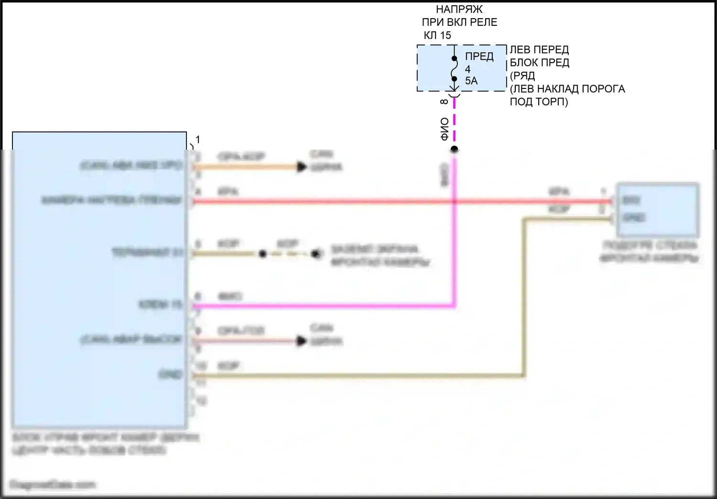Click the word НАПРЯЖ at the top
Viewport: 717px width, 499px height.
(x=459, y=9)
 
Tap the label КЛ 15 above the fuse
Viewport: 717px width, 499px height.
(x=437, y=35)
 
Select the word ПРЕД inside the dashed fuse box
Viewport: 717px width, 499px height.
(x=479, y=56)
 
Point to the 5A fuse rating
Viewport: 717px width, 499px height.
(x=471, y=81)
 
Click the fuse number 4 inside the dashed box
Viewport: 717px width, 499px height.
(x=467, y=69)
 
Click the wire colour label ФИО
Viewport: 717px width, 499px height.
(x=445, y=129)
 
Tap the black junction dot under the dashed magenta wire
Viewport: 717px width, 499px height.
(x=454, y=150)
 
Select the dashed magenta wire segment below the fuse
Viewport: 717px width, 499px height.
(x=454, y=122)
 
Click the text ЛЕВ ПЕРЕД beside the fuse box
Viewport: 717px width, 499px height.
(x=539, y=50)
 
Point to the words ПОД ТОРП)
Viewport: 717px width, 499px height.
(x=539, y=102)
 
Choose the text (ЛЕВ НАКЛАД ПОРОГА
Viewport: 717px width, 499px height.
(x=567, y=89)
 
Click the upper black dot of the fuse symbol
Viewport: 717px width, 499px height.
(x=454, y=58)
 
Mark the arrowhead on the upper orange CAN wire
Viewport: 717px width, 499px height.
(x=301, y=167)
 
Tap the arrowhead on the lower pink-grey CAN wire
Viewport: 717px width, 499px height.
(x=301, y=341)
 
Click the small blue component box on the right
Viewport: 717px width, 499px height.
(x=658, y=209)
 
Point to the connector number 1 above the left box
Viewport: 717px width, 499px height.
(x=197, y=140)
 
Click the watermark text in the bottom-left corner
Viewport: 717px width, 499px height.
(x=53, y=485)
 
